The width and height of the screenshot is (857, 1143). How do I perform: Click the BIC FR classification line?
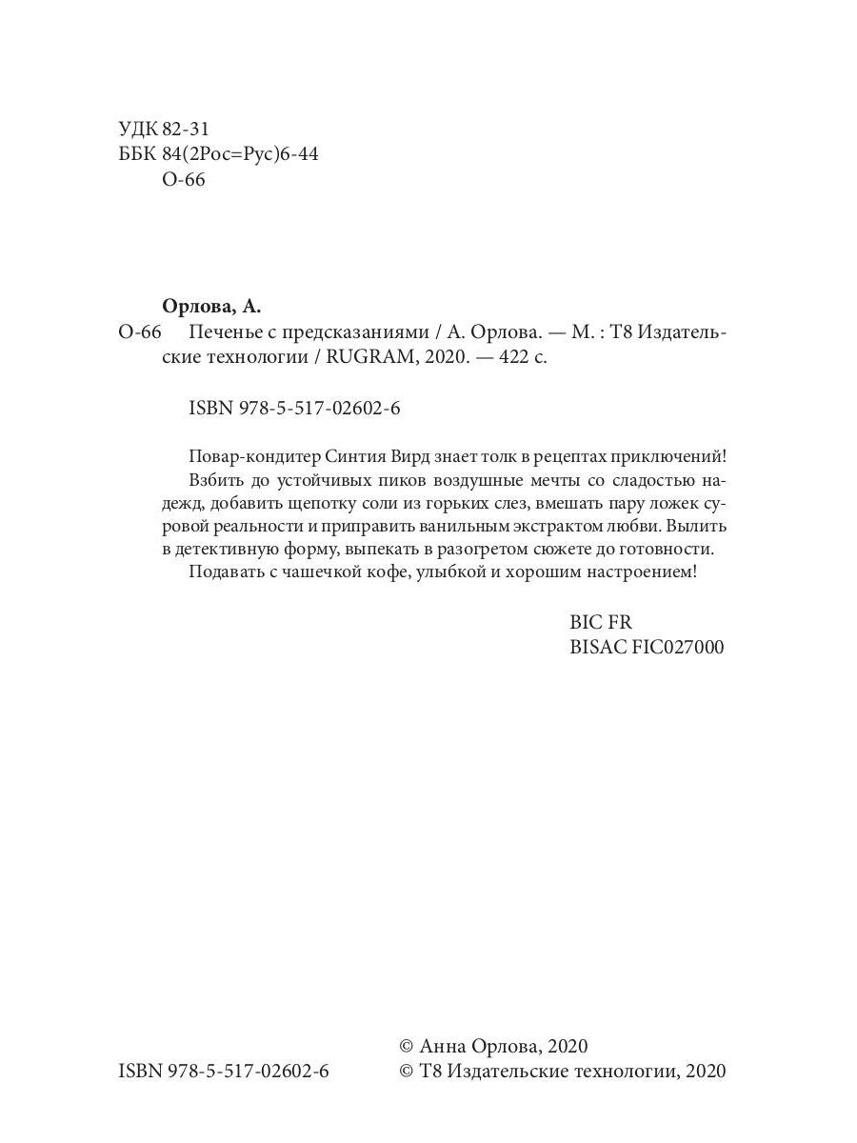[600, 622]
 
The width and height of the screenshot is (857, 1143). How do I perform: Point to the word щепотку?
[319, 501]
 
